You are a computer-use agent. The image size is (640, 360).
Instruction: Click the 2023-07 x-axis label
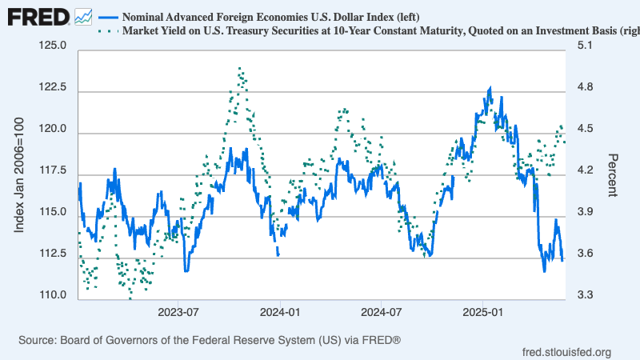tap(178, 310)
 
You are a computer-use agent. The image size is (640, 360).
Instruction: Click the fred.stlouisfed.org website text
tap(566, 352)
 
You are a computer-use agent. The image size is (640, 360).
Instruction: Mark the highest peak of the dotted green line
tap(240, 69)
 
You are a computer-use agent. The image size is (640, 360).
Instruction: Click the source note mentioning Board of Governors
tap(209, 341)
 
